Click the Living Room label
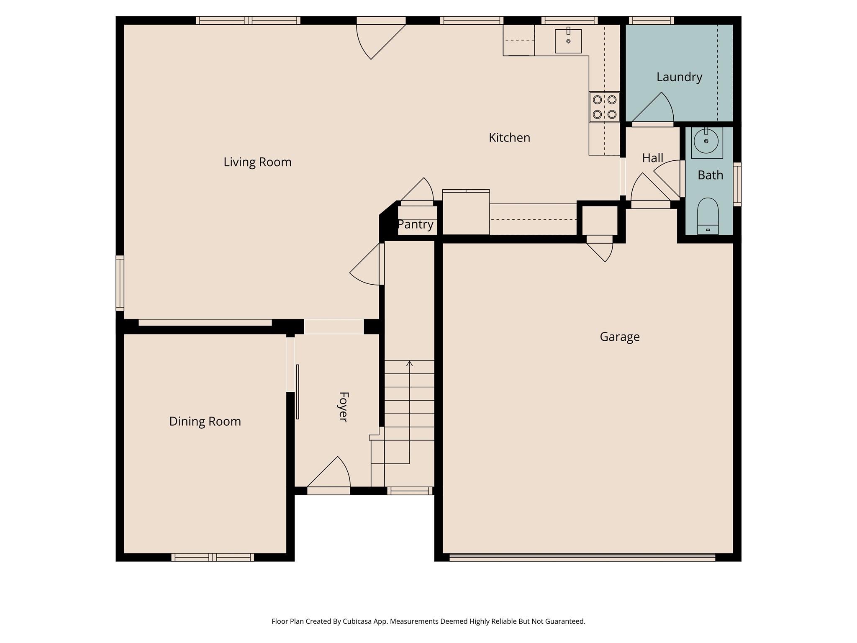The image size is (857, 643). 257,162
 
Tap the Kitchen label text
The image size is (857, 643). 509,138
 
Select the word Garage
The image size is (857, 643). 619,337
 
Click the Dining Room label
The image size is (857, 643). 205,421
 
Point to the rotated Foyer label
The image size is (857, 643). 343,407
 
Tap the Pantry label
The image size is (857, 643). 415,224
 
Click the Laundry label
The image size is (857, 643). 679,77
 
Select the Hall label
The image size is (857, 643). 652,158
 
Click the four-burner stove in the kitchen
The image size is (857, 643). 604,107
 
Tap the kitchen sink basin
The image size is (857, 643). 568,41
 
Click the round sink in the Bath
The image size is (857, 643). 706,141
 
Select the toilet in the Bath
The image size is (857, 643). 708,215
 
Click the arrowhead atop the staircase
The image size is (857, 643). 409,364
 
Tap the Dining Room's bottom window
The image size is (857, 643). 213,557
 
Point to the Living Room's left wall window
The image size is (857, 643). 120,283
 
